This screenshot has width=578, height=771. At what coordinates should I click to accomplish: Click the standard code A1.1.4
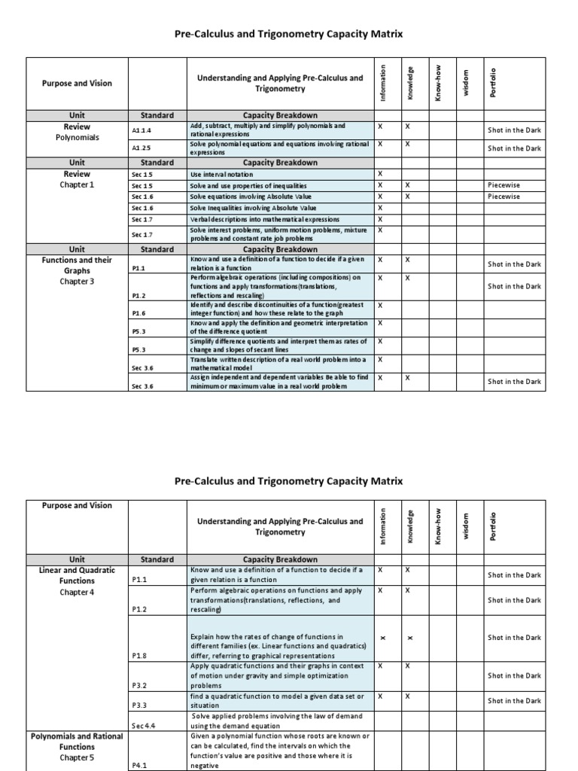pyautogui.click(x=141, y=130)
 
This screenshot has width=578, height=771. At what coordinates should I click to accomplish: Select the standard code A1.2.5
pyautogui.click(x=141, y=148)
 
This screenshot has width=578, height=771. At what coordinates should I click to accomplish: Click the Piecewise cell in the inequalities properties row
pyautogui.click(x=503, y=184)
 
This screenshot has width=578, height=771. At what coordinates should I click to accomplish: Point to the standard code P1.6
pyautogui.click(x=138, y=312)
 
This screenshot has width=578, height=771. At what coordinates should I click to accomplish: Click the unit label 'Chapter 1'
pyautogui.click(x=77, y=184)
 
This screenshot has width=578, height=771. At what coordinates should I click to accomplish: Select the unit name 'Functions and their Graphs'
pyautogui.click(x=77, y=265)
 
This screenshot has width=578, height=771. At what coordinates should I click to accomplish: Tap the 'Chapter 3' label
pyautogui.click(x=77, y=281)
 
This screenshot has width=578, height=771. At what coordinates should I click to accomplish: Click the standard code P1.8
pyautogui.click(x=139, y=656)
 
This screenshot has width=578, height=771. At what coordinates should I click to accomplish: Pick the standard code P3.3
pyautogui.click(x=139, y=705)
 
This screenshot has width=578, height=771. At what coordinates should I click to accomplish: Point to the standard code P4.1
pyautogui.click(x=139, y=764)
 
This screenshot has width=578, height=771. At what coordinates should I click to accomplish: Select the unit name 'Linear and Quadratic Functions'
pyautogui.click(x=77, y=575)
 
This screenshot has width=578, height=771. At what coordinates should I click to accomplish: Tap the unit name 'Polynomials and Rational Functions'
pyautogui.click(x=77, y=741)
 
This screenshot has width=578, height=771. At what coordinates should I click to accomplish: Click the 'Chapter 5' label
pyautogui.click(x=77, y=757)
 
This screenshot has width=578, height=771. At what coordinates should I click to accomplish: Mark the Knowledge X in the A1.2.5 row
pyautogui.click(x=407, y=143)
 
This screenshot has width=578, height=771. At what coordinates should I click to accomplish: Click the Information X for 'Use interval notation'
pyautogui.click(x=380, y=174)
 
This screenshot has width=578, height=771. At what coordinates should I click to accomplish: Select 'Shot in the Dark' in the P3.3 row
pyautogui.click(x=514, y=700)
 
